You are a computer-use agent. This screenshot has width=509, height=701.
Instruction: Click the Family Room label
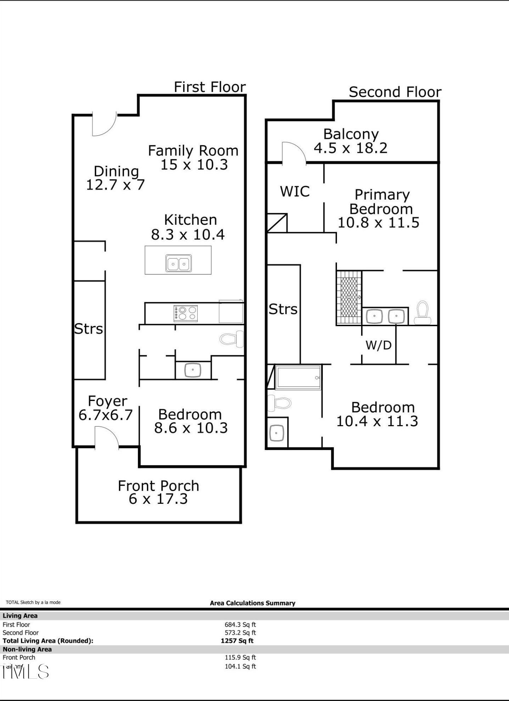click(x=193, y=151)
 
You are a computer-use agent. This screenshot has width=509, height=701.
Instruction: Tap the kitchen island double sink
click(x=179, y=263)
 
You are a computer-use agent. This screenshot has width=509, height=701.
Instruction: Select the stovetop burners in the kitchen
click(x=186, y=313)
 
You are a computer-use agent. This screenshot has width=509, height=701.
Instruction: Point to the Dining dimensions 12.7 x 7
click(x=116, y=185)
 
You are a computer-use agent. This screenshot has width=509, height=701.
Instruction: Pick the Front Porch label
click(x=159, y=486)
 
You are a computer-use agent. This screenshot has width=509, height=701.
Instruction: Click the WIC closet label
click(x=295, y=191)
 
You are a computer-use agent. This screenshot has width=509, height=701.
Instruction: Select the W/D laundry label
click(x=378, y=345)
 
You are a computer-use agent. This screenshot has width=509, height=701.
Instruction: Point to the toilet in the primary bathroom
click(x=422, y=313)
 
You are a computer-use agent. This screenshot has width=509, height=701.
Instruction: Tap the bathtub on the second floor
click(x=298, y=378)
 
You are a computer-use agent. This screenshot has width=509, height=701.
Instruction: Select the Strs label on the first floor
click(x=89, y=329)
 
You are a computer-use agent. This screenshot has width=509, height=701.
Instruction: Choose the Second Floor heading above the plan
click(x=395, y=92)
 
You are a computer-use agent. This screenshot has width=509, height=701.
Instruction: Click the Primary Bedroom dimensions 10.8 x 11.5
click(x=378, y=223)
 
